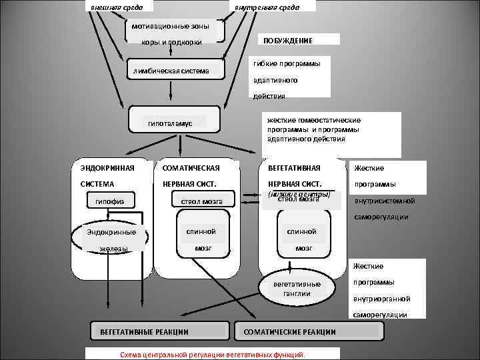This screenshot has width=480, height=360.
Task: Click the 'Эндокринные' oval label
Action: tap(111, 232)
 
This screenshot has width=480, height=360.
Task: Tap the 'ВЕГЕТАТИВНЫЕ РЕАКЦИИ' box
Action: tap(143, 331)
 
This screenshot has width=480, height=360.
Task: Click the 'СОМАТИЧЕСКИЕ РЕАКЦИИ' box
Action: tap(290, 331)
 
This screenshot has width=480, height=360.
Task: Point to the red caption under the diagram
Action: tap(212, 354)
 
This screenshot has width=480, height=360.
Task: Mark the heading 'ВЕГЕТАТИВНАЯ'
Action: tap(294, 168)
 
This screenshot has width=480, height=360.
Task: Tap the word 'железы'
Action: tap(113, 249)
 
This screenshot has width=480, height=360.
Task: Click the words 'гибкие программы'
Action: tap(286, 63)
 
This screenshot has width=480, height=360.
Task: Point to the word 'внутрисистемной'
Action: tap(385, 201)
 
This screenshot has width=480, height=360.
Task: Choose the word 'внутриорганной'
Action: tap(382, 299)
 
